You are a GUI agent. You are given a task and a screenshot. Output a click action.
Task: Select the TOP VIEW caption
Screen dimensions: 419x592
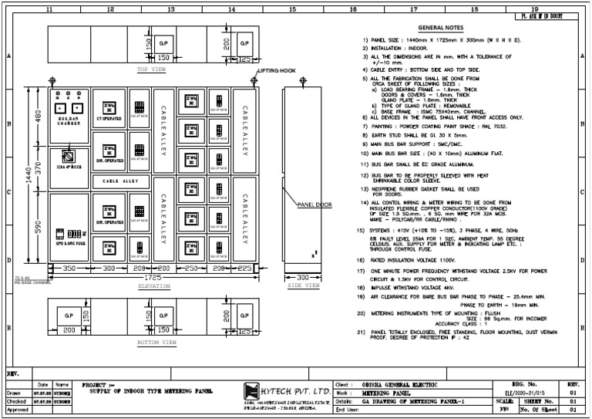[x=152, y=69]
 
